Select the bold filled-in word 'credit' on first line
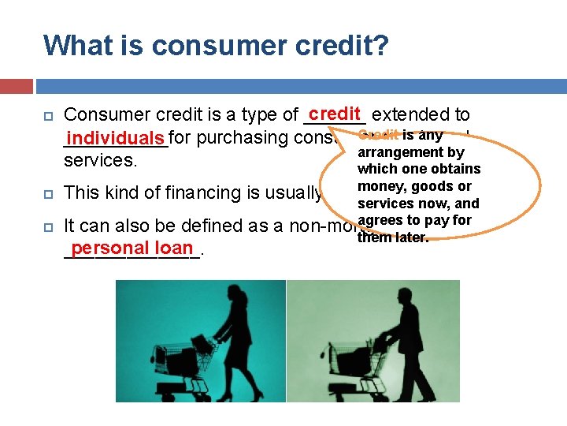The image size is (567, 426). [x=335, y=114]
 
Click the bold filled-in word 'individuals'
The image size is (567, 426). [x=116, y=138]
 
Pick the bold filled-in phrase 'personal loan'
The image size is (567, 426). [x=132, y=248]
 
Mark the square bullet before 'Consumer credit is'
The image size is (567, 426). [x=48, y=115]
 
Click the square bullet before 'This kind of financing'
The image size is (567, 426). [x=48, y=192]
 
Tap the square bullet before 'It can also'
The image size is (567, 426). [x=48, y=226]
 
